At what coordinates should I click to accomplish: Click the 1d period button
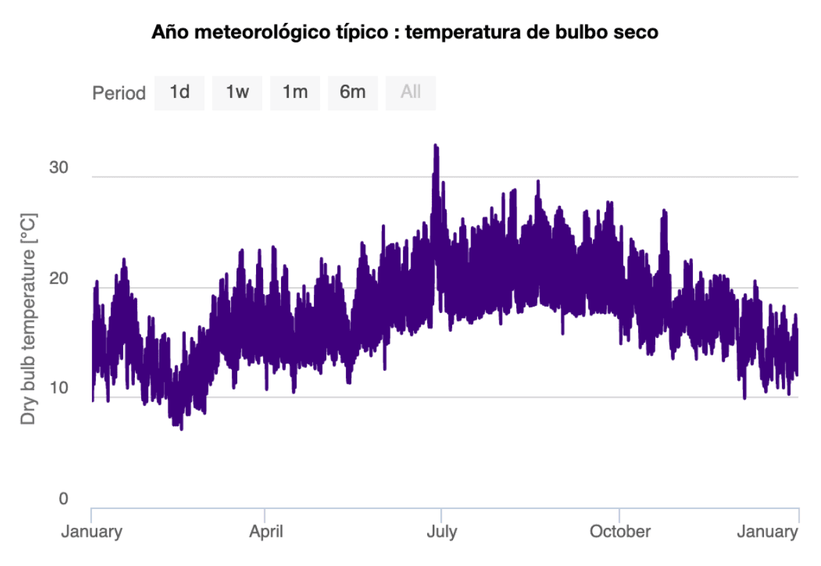tap(180, 92)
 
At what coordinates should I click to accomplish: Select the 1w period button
tap(237, 92)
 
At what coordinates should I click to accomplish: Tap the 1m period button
tap(295, 92)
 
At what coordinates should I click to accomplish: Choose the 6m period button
tap(353, 92)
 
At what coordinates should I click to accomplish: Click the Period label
tap(119, 93)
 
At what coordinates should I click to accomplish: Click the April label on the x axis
tap(266, 532)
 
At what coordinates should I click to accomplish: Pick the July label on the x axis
tap(441, 532)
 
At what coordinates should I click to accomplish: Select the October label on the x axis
tap(620, 532)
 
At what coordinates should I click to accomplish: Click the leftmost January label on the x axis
tap(92, 532)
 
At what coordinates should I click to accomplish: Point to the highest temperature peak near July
tap(436, 146)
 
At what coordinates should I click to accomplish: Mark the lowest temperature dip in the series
tap(182, 428)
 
